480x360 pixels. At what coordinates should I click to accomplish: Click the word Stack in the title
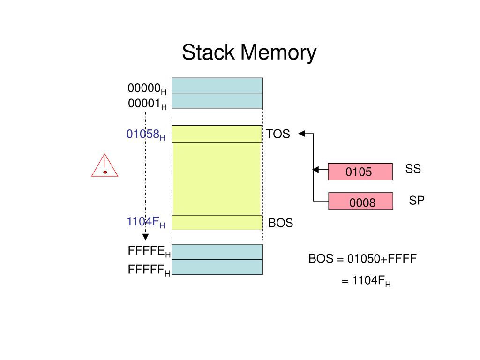[208, 52]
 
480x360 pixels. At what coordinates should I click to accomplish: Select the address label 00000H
[147, 89]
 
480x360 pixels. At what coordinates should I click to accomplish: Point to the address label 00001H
[147, 104]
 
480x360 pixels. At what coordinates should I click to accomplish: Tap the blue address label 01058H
[146, 135]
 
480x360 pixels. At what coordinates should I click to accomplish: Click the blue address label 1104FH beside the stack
[146, 222]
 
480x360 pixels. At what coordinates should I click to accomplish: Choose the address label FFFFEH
[149, 251]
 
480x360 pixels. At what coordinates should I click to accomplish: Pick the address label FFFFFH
[149, 270]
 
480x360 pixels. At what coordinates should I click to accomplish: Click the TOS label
[277, 134]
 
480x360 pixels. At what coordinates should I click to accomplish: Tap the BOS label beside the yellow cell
[280, 223]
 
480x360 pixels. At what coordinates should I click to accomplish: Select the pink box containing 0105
[360, 172]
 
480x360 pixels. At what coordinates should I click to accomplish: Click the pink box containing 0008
[360, 201]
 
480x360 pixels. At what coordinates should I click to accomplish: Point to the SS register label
[413, 169]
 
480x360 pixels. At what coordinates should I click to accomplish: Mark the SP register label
[417, 201]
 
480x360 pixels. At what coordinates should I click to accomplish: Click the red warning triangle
[105, 165]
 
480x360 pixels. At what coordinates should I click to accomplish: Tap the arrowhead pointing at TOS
[301, 134]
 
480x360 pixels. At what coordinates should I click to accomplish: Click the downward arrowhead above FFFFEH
[146, 237]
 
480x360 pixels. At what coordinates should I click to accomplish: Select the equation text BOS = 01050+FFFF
[362, 259]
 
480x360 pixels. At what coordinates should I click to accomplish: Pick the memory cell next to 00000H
[217, 85]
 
